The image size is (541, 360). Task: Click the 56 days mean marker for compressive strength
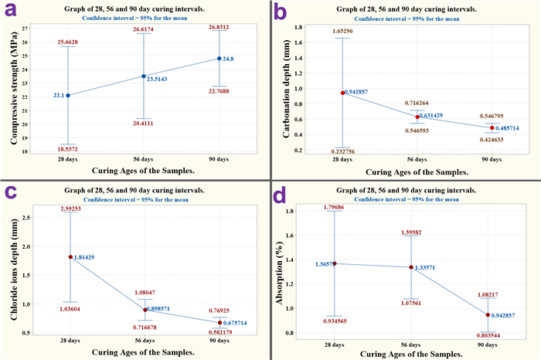tap(143, 76)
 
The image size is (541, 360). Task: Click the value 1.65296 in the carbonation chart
tap(342, 31)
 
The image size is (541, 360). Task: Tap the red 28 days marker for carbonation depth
tap(342, 93)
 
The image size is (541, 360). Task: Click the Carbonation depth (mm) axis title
tap(285, 89)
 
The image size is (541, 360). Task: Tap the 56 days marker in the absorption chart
tap(417, 267)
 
